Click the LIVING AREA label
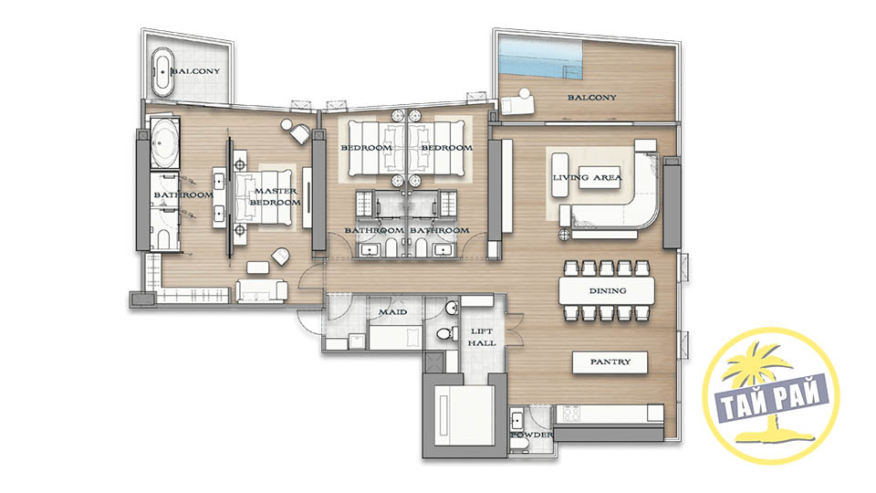(x=587, y=178)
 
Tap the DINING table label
(x=608, y=290)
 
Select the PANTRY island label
(x=610, y=362)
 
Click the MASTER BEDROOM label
(x=275, y=197)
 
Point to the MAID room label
(x=392, y=312)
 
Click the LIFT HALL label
(x=482, y=337)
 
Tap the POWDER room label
(x=531, y=435)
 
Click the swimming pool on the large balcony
(x=540, y=58)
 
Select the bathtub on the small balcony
(x=163, y=72)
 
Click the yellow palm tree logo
(x=771, y=394)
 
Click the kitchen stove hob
(x=571, y=414)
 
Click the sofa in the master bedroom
(x=262, y=290)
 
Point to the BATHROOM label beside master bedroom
(x=183, y=194)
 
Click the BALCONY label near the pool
(x=592, y=98)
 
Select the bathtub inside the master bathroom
(x=164, y=142)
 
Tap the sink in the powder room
(x=516, y=419)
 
